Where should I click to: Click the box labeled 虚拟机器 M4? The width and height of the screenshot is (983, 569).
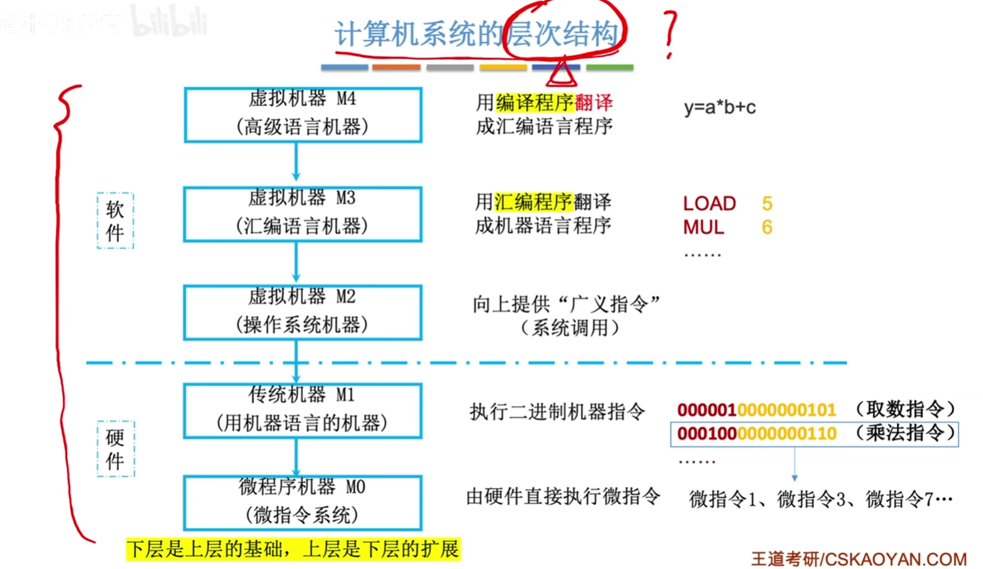303,115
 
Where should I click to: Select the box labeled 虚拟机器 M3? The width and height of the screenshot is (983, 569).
303,214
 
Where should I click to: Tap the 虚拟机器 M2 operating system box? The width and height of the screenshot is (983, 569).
303,312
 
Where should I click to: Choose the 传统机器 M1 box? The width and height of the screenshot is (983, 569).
303,411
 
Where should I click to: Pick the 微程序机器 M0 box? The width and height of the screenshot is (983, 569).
303,503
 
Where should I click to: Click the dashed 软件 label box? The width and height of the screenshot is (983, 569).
115,220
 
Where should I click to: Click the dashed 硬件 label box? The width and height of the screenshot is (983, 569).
115,449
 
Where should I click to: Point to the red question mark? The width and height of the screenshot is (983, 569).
670,35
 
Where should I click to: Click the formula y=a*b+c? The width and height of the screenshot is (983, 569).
720,107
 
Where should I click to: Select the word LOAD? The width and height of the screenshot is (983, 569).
709,203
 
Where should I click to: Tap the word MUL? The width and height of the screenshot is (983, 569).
703,227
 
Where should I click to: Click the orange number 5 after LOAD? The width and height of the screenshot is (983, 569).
767,203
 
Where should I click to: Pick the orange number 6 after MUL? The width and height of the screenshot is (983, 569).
767,227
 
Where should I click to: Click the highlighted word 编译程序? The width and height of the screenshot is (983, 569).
534,102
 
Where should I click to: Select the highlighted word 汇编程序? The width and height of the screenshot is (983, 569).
533,202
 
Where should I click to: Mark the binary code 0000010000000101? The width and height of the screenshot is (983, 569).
756,409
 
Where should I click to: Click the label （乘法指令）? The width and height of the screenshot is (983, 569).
905,433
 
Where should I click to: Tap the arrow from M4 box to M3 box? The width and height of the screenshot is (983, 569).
296,162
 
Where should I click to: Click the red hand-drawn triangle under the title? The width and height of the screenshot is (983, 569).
561,73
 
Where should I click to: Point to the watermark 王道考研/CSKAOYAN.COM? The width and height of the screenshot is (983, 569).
859,559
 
